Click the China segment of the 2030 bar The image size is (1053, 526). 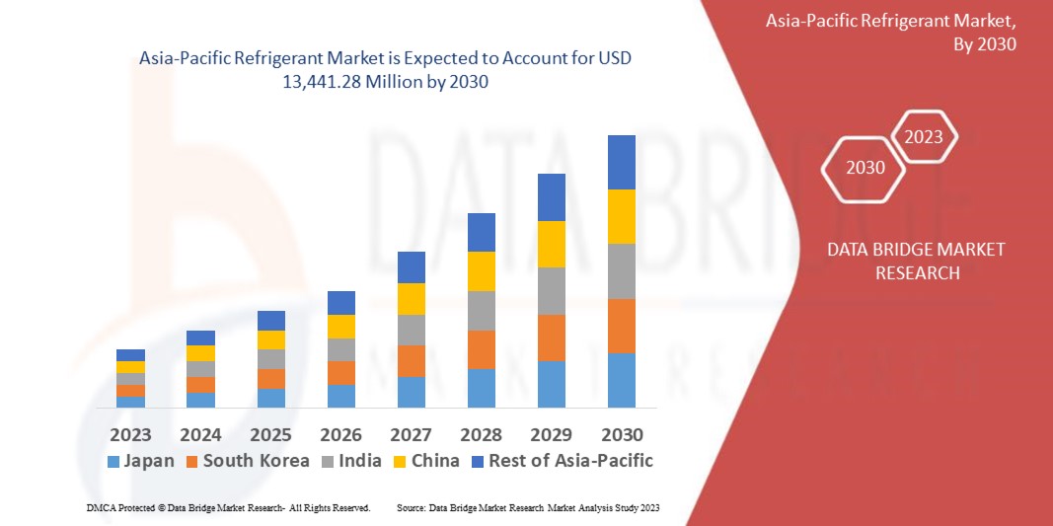click(x=621, y=216)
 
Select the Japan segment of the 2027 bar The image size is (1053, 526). click(x=411, y=392)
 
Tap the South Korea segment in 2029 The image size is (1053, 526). click(x=551, y=338)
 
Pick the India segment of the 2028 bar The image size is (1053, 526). click(x=481, y=310)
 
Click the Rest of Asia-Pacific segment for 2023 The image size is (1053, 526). click(x=130, y=355)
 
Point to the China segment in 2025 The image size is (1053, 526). click(x=270, y=339)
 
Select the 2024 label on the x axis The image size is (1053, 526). click(x=201, y=435)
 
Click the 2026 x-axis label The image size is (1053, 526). click(x=341, y=435)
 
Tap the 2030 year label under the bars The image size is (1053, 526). click(x=622, y=435)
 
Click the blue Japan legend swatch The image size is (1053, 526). click(x=113, y=462)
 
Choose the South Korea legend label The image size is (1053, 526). click(x=256, y=461)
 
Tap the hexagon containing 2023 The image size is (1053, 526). click(x=924, y=138)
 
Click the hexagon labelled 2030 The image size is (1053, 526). click(x=865, y=168)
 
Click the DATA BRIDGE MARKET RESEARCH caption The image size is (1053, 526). click(x=917, y=261)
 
